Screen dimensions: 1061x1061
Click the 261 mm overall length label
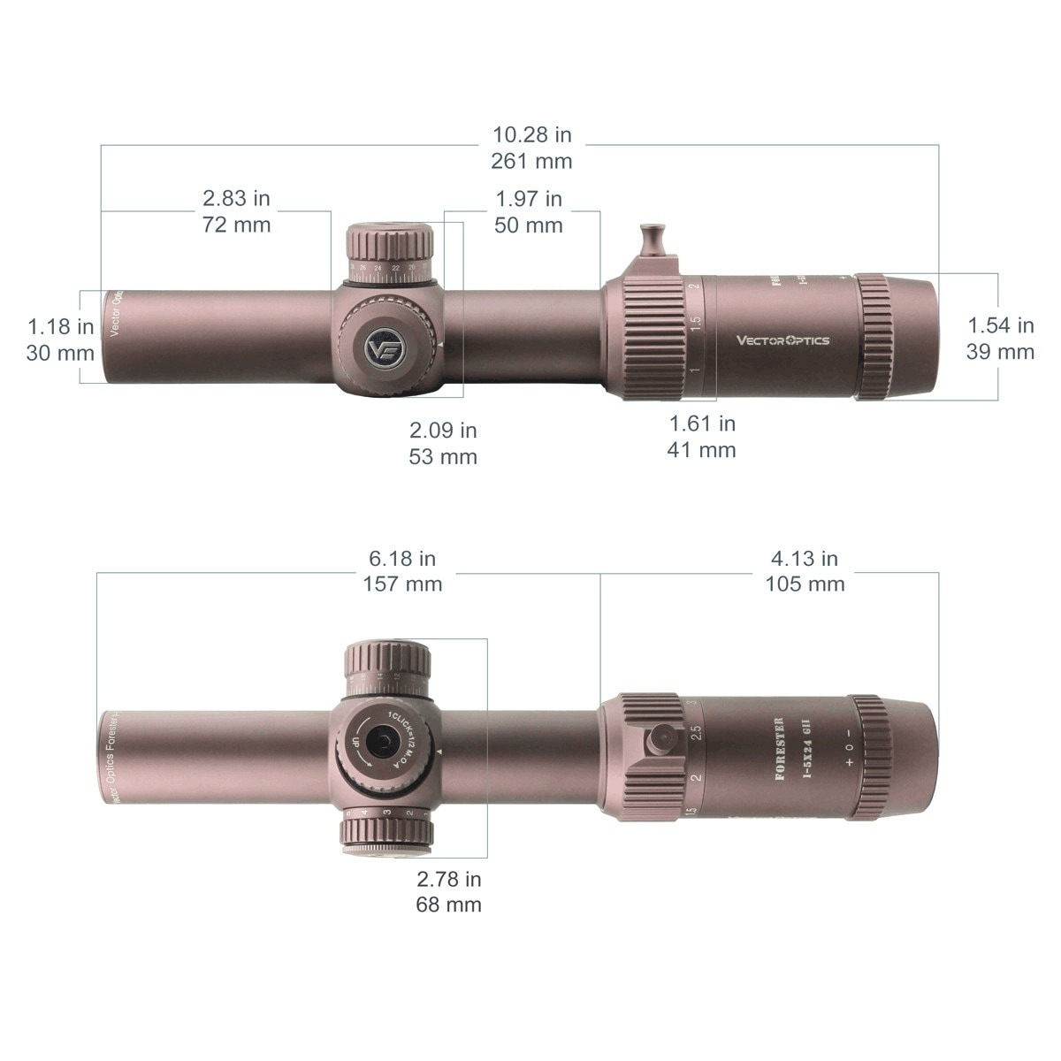(532, 161)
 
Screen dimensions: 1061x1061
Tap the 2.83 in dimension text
(236, 198)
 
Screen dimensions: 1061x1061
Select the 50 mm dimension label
(529, 225)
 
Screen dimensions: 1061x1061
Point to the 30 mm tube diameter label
(60, 352)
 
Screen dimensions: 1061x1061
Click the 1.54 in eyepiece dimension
(1000, 325)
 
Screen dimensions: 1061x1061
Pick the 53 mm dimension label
(442, 456)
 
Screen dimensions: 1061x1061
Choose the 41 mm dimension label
(701, 449)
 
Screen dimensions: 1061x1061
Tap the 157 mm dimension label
(402, 584)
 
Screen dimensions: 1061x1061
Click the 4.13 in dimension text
(805, 559)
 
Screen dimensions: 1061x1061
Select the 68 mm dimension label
(448, 904)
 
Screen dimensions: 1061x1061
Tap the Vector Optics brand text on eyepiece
(783, 340)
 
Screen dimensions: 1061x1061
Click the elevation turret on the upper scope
(389, 252)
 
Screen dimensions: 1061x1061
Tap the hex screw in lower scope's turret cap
(383, 741)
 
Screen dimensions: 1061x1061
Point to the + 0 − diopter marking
(849, 747)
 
